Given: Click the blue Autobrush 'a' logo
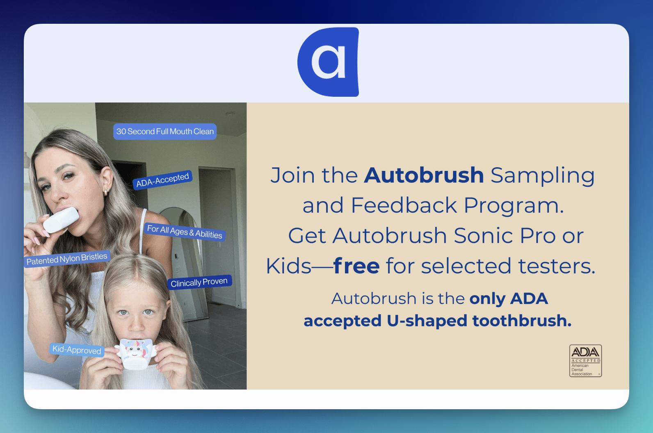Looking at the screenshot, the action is point(329,62).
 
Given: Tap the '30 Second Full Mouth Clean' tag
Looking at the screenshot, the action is point(165,131).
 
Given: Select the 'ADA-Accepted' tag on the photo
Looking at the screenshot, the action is point(162,180).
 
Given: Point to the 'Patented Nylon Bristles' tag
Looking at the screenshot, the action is point(67,258).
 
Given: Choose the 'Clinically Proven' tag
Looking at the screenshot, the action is point(199,282).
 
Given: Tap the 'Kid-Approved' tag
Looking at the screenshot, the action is point(77,350).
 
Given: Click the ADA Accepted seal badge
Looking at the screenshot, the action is point(585,361).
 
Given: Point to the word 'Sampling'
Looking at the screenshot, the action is point(542,176).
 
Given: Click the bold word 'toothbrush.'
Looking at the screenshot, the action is point(522,321).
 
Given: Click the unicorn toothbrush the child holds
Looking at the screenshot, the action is point(135,353).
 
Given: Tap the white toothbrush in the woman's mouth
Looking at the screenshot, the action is point(61,219).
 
